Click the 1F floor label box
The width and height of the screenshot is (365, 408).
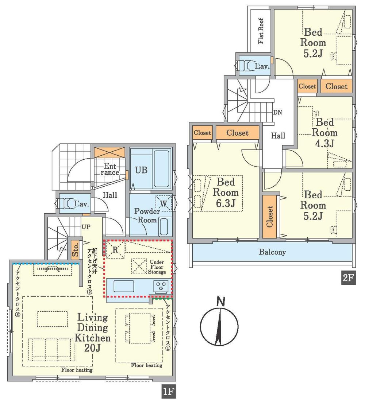[169, 391]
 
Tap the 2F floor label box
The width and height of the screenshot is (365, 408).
[348, 278]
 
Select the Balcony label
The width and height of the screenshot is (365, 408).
[272, 252]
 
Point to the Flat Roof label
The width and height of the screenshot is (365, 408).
[261, 31]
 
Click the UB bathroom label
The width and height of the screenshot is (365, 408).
[141, 170]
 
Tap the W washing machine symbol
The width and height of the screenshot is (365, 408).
[164, 203]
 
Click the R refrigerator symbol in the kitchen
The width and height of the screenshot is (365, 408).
[115, 250]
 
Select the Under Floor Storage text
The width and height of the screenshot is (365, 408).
[157, 267]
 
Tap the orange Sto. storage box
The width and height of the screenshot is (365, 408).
[75, 249]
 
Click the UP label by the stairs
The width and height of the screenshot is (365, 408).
[86, 227]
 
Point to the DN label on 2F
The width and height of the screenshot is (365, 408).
[277, 112]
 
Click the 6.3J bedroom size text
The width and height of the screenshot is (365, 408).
[226, 203]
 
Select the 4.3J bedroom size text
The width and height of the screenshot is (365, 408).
[324, 143]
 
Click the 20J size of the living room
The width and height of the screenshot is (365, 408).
[92, 348]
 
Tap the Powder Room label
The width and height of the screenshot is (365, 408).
[147, 215]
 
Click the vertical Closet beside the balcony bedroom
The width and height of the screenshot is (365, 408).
[270, 217]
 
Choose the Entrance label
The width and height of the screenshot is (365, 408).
[110, 169]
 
